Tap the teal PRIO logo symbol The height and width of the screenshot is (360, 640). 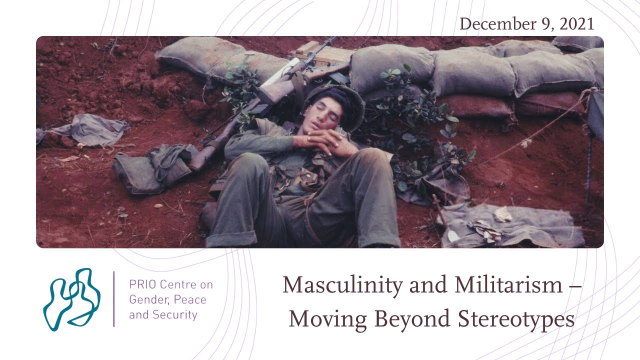(71, 298)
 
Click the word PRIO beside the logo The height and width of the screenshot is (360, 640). (141, 284)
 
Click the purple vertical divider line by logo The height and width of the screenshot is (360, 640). (114, 299)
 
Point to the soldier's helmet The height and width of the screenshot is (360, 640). (345, 100)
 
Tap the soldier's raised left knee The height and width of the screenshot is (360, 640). (372, 165)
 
